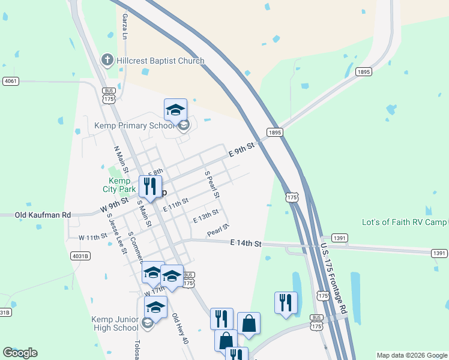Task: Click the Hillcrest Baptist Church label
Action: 160,61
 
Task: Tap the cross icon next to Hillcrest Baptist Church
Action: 107,60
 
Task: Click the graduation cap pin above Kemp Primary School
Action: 175,110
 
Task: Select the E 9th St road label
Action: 243,149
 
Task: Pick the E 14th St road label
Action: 246,244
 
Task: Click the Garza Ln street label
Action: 125,26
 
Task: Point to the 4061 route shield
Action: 11,81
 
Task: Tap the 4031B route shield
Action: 80,256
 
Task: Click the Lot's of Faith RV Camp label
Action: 405,222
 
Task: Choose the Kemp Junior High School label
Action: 115,323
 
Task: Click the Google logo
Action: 20,353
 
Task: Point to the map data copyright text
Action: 411,355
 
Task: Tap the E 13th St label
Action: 205,216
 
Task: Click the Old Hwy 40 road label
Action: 180,329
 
